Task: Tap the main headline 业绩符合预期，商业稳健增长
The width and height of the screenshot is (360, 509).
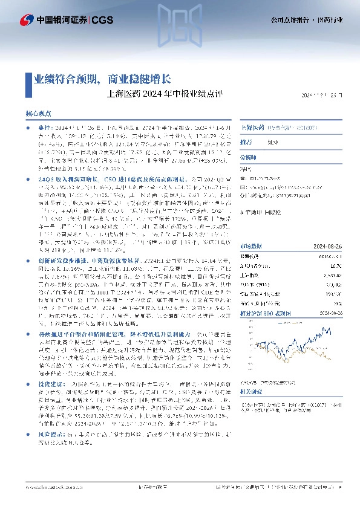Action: pos(102,79)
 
